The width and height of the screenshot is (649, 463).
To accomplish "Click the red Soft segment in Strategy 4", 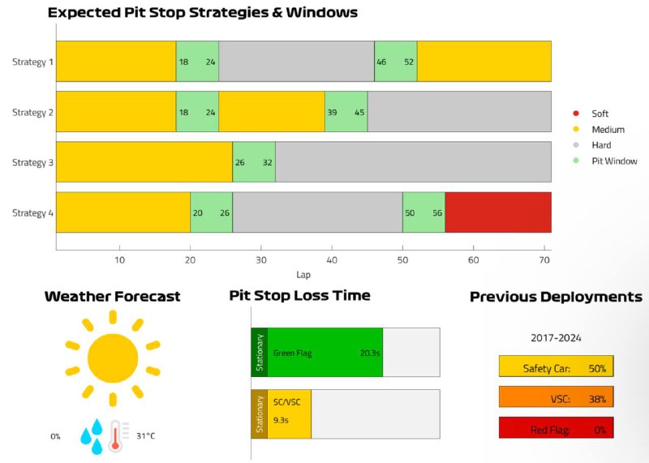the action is coord(498,212).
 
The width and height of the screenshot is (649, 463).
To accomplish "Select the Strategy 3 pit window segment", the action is coord(254,162).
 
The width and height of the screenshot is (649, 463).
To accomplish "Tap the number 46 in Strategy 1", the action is coord(381,62).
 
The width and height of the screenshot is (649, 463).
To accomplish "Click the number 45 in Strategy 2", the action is coord(359,113).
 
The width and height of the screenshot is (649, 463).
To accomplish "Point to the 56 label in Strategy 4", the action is coord(437,213).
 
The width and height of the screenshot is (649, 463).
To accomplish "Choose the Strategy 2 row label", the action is coord(32,113).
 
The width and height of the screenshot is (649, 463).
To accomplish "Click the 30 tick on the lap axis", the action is coord(260,260).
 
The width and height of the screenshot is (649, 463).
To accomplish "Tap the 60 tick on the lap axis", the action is coord(473,260).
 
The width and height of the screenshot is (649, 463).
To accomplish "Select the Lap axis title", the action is coord(303,275).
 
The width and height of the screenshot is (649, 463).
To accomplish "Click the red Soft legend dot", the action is coord(576,114).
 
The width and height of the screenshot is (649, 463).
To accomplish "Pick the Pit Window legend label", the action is coord(614,161).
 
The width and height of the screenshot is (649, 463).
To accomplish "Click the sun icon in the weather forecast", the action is coord(113,358).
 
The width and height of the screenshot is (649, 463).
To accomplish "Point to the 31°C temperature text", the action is coord(146,436).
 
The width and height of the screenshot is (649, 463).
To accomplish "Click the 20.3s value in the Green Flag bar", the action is coord(370,353).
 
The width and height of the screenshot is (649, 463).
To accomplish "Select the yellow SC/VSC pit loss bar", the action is coord(289,414).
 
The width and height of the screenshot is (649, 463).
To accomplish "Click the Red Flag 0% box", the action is coord(556,428).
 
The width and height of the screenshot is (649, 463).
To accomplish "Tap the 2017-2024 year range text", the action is coord(556,338).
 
